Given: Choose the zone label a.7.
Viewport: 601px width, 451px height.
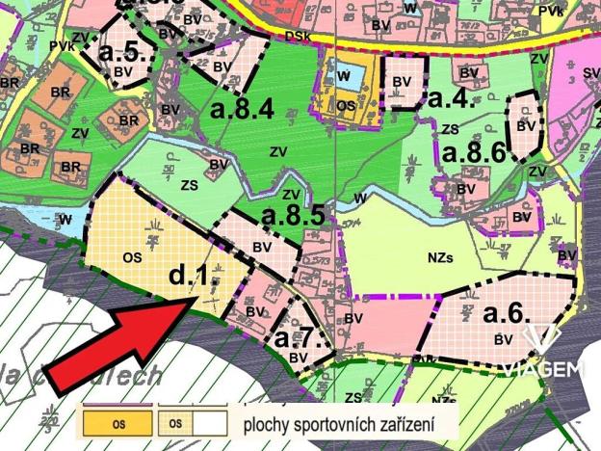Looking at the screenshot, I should [302, 338].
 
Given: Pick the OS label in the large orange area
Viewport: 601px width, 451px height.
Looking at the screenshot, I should [134, 256].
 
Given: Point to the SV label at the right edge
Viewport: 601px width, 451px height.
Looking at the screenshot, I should [590, 72].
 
